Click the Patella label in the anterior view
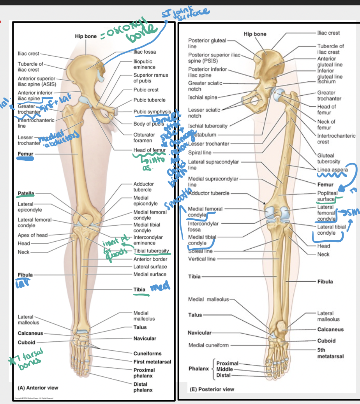click(26, 193)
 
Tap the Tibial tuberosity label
click(151, 251)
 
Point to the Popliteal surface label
click(326, 196)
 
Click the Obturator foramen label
click(144, 137)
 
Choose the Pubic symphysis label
click(152, 112)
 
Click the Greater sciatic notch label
click(205, 86)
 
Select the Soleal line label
click(200, 251)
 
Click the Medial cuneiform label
click(208, 345)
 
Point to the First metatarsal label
click(152, 362)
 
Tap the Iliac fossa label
click(145, 51)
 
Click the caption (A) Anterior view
click(38, 388)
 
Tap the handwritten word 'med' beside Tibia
click(160, 287)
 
